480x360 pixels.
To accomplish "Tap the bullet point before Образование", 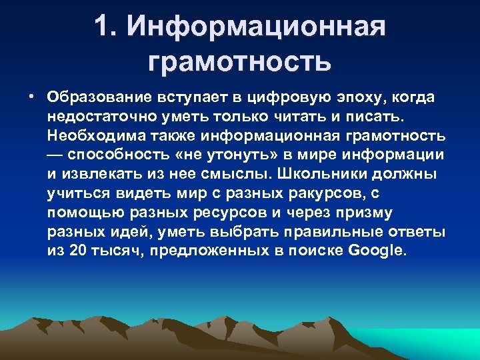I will pyautogui.click(x=32, y=97).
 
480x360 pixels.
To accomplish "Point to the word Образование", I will pyautogui.click(x=93, y=97).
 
